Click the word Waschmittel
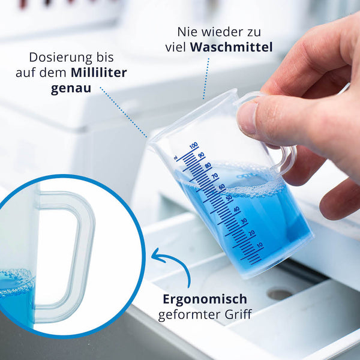pos(232,47)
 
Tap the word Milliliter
pos(99,73)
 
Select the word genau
pos(71,89)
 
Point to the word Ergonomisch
pos(205,299)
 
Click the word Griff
pos(238,314)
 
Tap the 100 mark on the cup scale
pos(194,145)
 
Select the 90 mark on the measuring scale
pos(202,155)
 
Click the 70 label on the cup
pos(215,176)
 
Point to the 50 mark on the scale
pos(229,197)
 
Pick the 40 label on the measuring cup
pos(236,209)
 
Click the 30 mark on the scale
pos(244,221)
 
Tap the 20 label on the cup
pos(252,233)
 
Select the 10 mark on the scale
pos(260,245)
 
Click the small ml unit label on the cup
pos(176,158)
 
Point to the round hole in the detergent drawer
pos(280,295)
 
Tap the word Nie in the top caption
pos(188,32)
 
